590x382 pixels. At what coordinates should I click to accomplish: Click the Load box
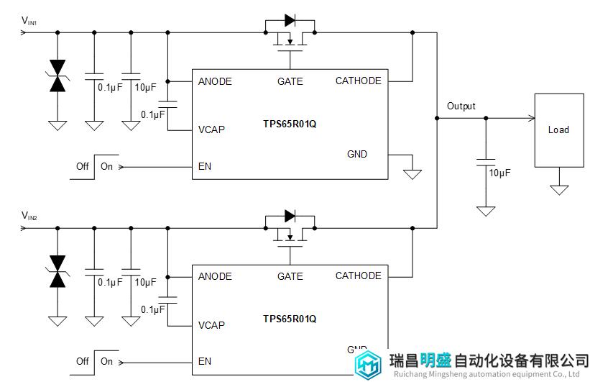(x=558, y=130)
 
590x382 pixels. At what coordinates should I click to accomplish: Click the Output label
(x=461, y=106)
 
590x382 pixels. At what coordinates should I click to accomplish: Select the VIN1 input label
(x=29, y=22)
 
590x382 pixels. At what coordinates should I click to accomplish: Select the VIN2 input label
(x=29, y=216)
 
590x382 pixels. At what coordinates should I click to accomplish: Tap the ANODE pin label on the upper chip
(x=215, y=81)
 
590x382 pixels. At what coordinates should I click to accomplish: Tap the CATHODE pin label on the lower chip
(x=358, y=276)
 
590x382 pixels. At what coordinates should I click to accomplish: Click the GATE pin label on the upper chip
(x=290, y=81)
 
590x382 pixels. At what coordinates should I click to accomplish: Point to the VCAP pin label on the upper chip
(x=211, y=130)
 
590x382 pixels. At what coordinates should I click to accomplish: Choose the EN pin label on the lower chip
(x=205, y=361)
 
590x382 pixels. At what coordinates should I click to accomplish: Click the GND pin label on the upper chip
(x=357, y=154)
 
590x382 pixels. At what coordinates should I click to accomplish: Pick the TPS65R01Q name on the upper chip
(x=290, y=124)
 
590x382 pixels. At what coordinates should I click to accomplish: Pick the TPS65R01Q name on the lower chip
(x=290, y=318)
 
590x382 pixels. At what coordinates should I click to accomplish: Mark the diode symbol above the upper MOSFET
(x=290, y=20)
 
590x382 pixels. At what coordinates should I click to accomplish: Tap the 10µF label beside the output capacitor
(x=499, y=173)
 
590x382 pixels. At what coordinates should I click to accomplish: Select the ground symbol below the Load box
(x=558, y=190)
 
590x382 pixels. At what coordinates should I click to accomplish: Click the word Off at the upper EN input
(x=83, y=166)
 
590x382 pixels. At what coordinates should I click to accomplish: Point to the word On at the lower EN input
(x=106, y=361)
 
